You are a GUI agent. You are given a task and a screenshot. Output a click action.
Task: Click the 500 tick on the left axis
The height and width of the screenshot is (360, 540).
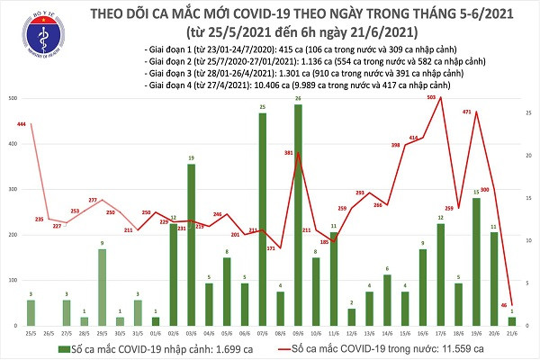tap(10, 97)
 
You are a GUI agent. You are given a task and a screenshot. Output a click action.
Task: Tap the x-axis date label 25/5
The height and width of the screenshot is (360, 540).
tap(31, 330)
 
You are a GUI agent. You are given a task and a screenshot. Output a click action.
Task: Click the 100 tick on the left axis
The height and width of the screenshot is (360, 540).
tap(10, 280)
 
